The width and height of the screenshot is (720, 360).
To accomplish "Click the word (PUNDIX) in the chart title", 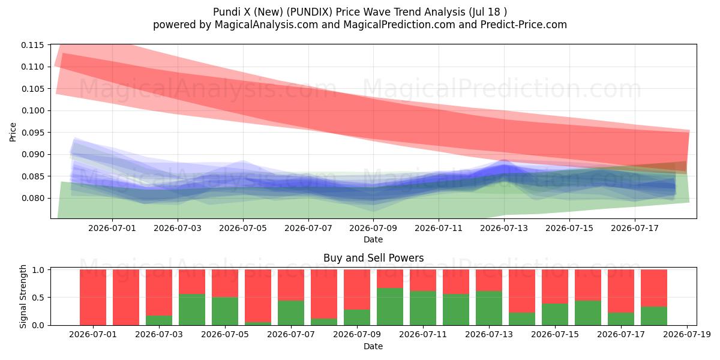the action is point(310,12).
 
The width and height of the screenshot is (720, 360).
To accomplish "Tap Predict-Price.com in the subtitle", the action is point(524,25).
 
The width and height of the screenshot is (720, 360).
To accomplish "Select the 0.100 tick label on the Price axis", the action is point(32,110).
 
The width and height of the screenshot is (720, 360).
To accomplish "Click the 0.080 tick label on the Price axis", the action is point(32,198).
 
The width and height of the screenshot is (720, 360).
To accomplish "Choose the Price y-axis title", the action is point(13,132).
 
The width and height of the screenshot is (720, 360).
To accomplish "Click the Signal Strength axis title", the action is point(23,296).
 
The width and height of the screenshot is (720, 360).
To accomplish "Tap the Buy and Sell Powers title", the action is point(373,258).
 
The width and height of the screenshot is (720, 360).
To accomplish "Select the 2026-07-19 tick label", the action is point(687,335).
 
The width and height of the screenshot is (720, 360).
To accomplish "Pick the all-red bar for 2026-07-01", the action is point(93,298).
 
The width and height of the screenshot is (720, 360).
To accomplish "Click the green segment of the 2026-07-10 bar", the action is point(390,307).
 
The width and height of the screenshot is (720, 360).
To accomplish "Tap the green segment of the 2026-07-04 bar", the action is point(192,310).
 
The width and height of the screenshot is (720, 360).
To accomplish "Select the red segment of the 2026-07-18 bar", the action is point(654,289).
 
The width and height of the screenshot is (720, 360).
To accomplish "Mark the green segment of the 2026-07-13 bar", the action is point(489,308).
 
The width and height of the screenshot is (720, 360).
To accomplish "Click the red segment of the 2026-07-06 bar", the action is point(258,296).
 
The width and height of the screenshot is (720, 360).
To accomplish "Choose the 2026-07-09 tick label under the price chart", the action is point(373,228).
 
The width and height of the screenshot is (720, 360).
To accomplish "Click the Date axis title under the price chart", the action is point(373,239).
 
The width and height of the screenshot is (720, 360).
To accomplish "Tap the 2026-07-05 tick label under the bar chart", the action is point(225,335).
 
